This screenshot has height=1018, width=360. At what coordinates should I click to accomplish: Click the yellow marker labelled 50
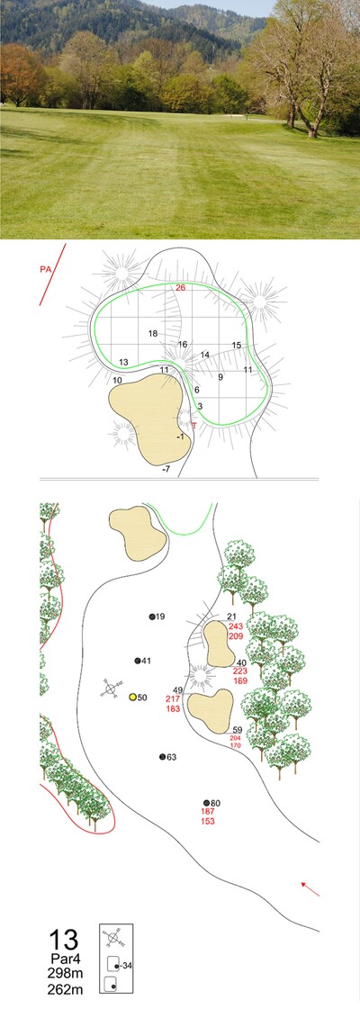pyautogui.click(x=133, y=697)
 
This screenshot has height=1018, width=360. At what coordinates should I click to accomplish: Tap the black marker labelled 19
pyautogui.click(x=152, y=617)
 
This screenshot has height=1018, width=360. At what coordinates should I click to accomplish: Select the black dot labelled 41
pyautogui.click(x=138, y=661)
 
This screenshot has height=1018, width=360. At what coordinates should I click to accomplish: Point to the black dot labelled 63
pyautogui.click(x=163, y=756)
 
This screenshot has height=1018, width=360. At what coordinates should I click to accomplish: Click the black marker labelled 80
pyautogui.click(x=206, y=803)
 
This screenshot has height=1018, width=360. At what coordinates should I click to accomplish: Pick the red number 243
pyautogui.click(x=236, y=626)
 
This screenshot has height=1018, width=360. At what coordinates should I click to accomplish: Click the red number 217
pyautogui.click(x=173, y=698)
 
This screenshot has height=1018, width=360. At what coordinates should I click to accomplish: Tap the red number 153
pyautogui.click(x=208, y=821)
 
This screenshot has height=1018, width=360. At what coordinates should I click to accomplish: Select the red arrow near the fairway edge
pyautogui.click(x=310, y=888)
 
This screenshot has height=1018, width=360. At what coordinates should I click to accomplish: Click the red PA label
pyautogui.click(x=45, y=269)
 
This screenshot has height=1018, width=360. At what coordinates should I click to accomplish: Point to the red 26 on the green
pyautogui.click(x=181, y=288)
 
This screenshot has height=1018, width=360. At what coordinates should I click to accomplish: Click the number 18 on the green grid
pyautogui.click(x=153, y=334)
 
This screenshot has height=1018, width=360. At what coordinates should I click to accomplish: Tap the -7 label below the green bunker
pyautogui.click(x=166, y=468)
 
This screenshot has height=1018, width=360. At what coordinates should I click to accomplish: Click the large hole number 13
pyautogui.click(x=64, y=940)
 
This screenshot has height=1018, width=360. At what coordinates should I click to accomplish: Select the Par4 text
pyautogui.click(x=64, y=959)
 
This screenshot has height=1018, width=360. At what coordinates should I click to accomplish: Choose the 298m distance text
pyautogui.click(x=64, y=973)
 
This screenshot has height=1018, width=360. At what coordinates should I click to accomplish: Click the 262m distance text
pyautogui.click(x=64, y=986)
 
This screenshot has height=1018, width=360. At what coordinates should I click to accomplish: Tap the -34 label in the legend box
pyautogui.click(x=126, y=966)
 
